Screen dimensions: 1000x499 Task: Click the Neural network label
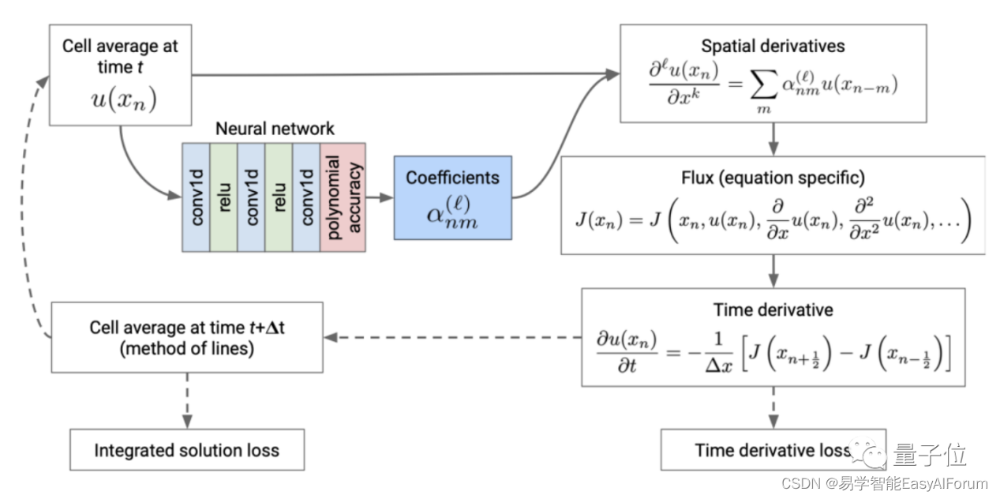point(275,129)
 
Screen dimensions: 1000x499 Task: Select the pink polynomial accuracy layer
point(343,197)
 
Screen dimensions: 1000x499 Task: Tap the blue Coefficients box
point(453,198)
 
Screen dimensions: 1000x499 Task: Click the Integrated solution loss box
point(187,450)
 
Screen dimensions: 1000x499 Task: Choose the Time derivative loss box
point(773,450)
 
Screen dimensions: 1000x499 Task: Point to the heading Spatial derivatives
point(773,46)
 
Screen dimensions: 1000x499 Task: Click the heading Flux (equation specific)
point(773,178)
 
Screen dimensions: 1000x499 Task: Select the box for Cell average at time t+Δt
point(187,337)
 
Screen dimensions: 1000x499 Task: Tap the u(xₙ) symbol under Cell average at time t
point(124,99)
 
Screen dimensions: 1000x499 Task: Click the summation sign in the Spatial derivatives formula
point(764,84)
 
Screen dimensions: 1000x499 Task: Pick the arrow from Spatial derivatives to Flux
point(773,139)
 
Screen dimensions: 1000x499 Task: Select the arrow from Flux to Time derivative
point(773,271)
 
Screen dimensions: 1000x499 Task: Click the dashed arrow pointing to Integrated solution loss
point(188,401)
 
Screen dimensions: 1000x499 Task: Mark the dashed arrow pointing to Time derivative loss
point(773,408)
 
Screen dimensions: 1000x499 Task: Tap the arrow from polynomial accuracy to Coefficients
point(380,197)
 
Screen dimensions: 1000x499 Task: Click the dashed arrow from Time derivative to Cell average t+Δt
point(452,337)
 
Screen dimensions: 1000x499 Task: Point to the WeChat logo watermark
point(868,453)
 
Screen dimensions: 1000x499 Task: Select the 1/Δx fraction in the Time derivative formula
point(718,353)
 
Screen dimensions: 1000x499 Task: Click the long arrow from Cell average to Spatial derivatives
point(406,74)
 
